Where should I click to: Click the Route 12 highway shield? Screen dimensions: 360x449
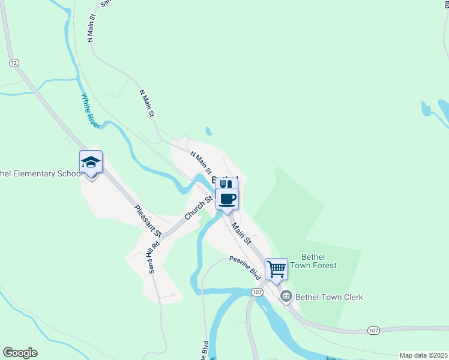pos(14,62)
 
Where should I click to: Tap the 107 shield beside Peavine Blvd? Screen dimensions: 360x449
pos(257,292)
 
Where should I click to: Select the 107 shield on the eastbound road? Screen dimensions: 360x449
pos(373,331)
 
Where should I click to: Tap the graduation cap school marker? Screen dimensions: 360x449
pos(91,163)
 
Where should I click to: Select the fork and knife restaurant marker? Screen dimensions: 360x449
pos(226,184)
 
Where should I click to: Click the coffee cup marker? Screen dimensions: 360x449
pos(226,199)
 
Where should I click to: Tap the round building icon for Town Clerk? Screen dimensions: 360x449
pos(286,296)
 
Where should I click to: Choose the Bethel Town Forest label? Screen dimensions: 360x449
pos(313,260)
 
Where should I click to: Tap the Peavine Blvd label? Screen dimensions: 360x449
pos(246,268)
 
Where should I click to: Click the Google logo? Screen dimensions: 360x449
pos(20,353)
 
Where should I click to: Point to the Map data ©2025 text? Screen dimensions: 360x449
pos(423,355)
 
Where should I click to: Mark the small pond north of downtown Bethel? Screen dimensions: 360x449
pos(208,131)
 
